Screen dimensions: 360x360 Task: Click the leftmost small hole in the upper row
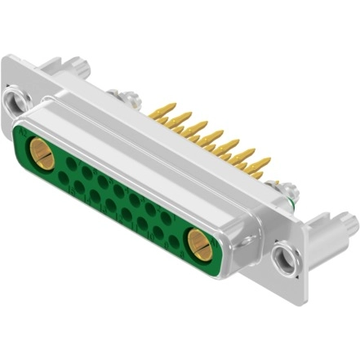[x=72, y=163]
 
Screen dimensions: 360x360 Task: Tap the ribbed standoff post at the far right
[x=343, y=221]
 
